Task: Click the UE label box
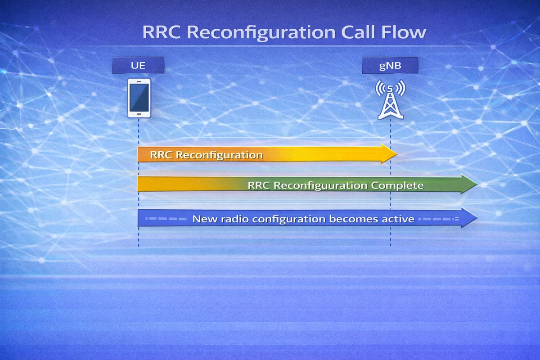coord(138,66)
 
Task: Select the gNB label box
coord(390,66)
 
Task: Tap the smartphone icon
coord(139,98)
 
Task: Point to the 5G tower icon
coord(390,101)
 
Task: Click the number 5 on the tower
coord(390,88)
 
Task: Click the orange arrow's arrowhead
coord(389,154)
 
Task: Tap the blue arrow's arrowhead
coord(469,218)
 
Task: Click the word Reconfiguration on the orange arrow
coord(219,155)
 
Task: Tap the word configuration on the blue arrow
coord(289,219)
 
